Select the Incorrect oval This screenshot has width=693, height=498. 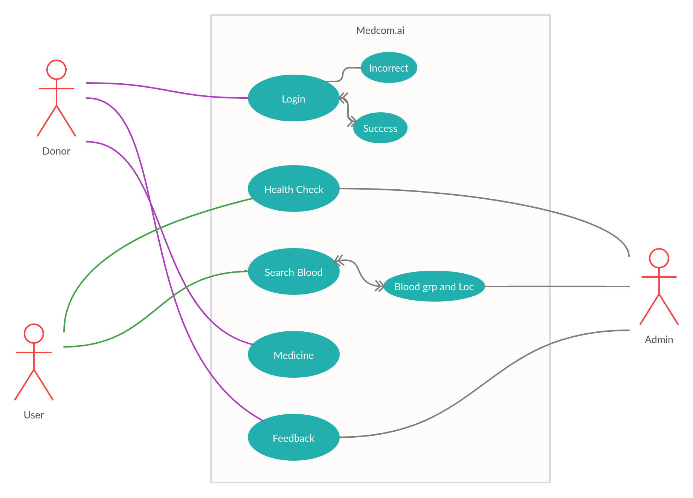click(x=389, y=68)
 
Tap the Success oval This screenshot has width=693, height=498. click(x=380, y=128)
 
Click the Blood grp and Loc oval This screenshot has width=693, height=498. click(x=434, y=287)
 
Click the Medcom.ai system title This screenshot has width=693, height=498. click(x=380, y=31)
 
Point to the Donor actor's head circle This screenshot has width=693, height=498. click(x=56, y=70)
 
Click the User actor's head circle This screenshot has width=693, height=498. click(x=34, y=334)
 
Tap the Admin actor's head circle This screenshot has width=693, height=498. click(x=659, y=258)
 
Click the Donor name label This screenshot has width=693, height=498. click(x=56, y=151)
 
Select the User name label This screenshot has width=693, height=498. click(x=34, y=415)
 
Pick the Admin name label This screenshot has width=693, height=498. click(x=659, y=340)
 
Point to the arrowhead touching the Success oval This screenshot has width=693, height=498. click(x=352, y=121)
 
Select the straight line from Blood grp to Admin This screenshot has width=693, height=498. click(x=557, y=287)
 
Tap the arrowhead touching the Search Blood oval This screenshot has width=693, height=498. click(x=339, y=260)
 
